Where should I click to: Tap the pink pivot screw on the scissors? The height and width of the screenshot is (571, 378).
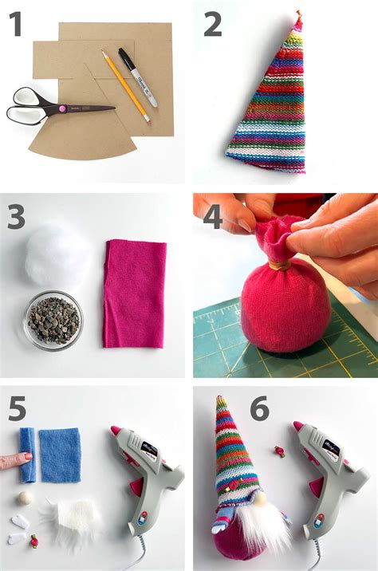pyautogui.click(x=59, y=107)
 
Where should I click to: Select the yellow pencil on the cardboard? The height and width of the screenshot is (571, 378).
pyautogui.click(x=125, y=86)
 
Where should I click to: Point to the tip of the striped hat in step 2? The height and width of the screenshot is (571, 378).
pyautogui.click(x=298, y=15)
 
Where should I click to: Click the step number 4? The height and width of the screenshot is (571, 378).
pyautogui.click(x=212, y=218)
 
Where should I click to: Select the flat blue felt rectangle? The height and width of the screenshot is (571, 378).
pyautogui.click(x=61, y=455)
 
